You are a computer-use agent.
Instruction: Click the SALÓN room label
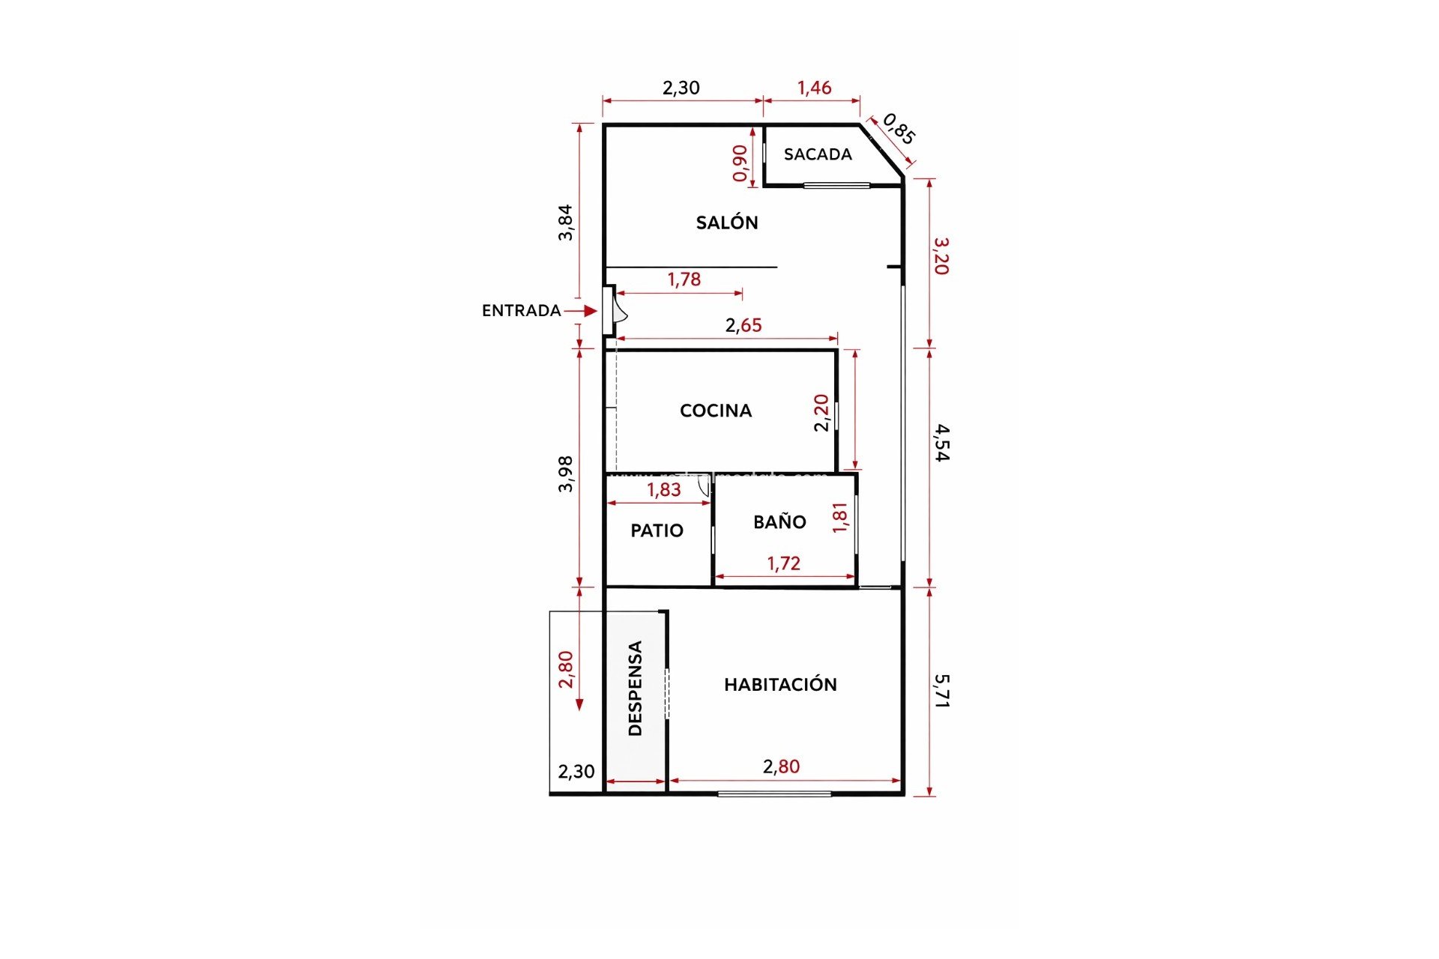726,223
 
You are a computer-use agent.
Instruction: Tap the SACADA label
818,154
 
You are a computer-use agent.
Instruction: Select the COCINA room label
715,411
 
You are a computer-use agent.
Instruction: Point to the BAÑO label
779,522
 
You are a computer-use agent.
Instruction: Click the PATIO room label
657,531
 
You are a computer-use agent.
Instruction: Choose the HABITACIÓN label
780,684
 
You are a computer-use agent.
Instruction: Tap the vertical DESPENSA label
636,689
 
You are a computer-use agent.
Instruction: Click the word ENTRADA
521,311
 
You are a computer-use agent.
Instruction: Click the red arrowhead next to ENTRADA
591,310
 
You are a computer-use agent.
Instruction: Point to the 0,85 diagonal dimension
899,129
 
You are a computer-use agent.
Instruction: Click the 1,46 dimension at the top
814,88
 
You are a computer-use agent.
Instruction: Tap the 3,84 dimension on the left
566,223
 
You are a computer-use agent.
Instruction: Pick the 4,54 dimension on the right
942,443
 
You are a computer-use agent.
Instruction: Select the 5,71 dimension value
942,691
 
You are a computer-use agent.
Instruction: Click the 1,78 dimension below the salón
684,279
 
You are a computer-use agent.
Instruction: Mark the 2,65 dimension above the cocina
743,325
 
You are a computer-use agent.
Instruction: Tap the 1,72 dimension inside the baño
783,563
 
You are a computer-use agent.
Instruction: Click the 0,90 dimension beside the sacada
740,163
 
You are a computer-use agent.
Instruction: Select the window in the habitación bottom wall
774,793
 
